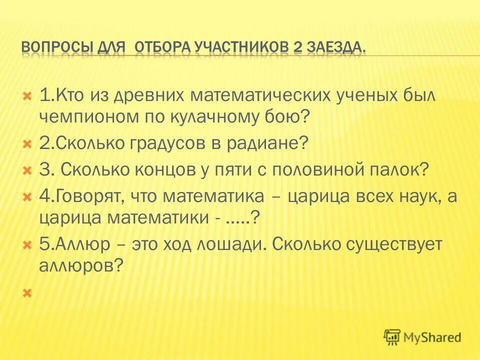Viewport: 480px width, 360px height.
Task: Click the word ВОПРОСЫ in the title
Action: (57, 47)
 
